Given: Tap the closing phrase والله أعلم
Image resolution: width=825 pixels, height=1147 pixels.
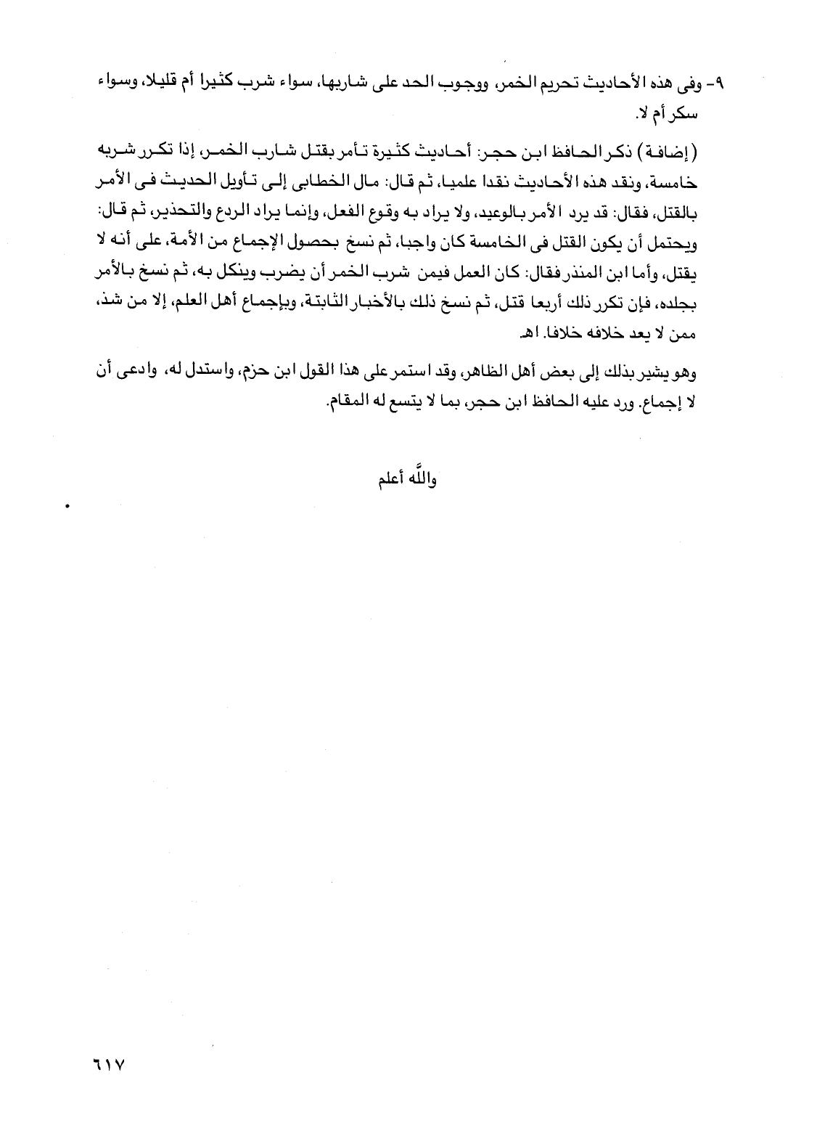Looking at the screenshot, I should [x=405, y=480].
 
